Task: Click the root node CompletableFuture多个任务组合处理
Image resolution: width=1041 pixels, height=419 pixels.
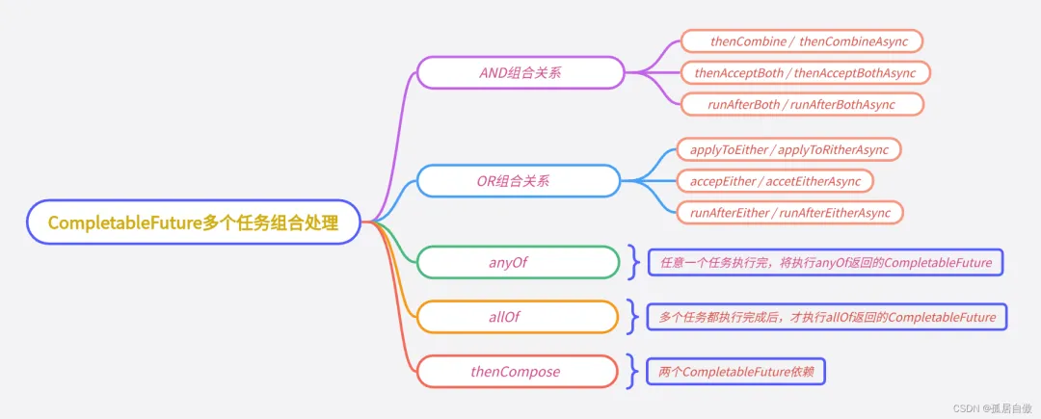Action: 193,223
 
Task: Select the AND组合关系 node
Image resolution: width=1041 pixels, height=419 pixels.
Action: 519,72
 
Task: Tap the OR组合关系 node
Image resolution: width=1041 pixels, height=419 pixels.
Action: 519,180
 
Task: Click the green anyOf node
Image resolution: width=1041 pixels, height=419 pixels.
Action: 517,262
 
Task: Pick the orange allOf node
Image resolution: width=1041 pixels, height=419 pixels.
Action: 517,316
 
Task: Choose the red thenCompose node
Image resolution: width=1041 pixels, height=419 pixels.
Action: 517,371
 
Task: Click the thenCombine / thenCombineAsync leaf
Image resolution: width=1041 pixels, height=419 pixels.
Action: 802,41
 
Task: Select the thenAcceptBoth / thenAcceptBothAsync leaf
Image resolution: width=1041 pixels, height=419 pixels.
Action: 805,72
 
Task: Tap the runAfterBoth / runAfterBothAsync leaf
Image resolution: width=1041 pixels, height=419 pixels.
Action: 802,104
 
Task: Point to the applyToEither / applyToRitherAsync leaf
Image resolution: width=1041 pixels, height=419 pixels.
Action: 788,149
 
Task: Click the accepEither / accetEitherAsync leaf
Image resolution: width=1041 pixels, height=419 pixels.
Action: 775,180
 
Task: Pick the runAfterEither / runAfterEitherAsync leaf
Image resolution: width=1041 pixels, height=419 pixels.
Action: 790,212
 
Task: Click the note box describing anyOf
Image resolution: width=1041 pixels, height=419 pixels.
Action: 825,262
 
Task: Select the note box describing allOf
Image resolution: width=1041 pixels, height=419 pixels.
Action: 827,316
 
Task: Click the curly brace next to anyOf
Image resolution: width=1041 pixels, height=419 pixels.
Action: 632,262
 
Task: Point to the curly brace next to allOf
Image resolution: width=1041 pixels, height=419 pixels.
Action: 632,316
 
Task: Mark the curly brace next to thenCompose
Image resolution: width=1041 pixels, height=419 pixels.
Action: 632,371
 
